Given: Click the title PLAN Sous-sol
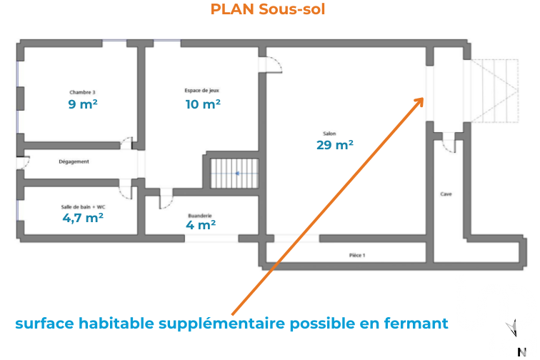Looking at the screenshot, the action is (x=268, y=9).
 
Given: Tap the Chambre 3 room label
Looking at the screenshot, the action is (x=82, y=92).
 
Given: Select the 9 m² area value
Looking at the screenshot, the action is (x=83, y=104).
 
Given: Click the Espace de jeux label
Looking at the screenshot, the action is (x=202, y=91).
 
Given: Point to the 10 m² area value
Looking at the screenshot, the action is (x=203, y=104).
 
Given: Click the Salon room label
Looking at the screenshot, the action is (x=329, y=134).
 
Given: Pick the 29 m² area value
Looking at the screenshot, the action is (x=335, y=145).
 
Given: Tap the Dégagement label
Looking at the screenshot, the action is (x=74, y=161).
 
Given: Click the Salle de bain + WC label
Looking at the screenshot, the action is (x=83, y=207).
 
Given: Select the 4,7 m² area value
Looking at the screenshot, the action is (x=83, y=218).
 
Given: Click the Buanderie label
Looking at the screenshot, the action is (x=200, y=216).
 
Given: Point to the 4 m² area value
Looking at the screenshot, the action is (x=201, y=225).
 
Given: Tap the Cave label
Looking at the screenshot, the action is (x=446, y=194).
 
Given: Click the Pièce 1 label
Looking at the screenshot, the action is (x=357, y=255).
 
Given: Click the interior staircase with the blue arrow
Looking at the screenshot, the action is (x=234, y=174).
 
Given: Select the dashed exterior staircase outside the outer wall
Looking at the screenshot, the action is (x=494, y=91).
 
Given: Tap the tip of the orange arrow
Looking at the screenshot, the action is (x=424, y=98).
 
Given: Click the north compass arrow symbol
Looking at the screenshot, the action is (x=512, y=328).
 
